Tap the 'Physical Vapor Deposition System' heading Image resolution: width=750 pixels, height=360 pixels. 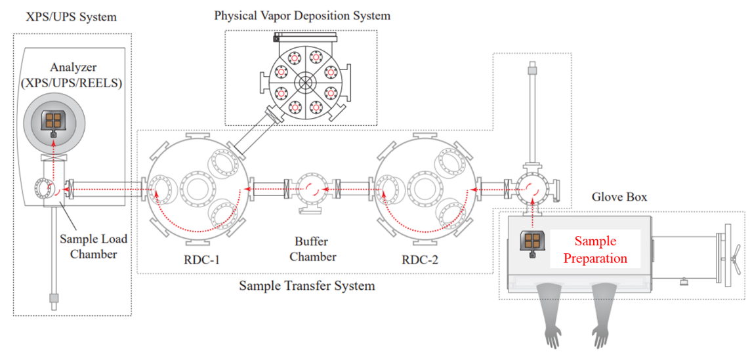click(302, 15)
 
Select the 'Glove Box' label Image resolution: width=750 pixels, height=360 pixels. click(619, 197)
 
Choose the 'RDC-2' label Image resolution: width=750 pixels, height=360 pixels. click(420, 260)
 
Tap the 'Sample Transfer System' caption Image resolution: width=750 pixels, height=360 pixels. click(306, 286)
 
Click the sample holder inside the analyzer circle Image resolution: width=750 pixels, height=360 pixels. click(52, 121)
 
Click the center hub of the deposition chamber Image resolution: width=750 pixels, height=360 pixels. click(306, 83)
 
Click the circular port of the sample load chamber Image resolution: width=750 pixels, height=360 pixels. click(43, 191)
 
